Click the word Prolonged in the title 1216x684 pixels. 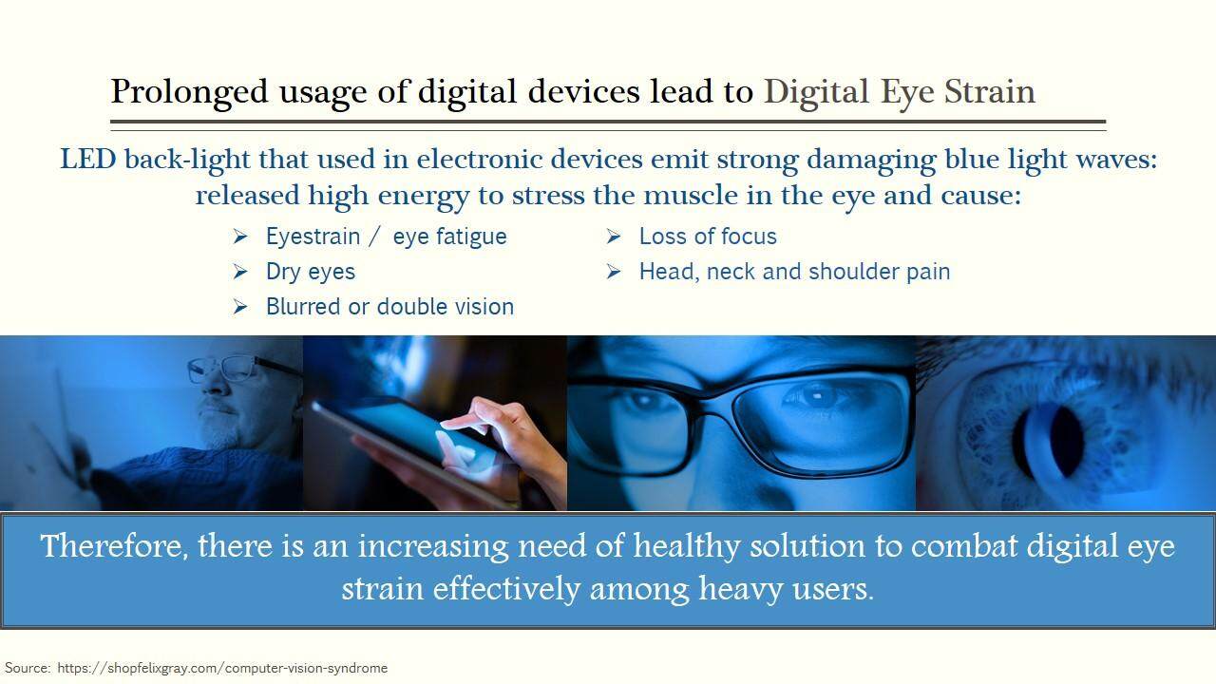(x=189, y=92)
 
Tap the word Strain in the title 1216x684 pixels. (x=990, y=91)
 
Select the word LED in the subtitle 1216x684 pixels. (x=88, y=159)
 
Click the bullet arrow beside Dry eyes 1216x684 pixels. (x=240, y=272)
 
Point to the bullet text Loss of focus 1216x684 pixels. (x=708, y=237)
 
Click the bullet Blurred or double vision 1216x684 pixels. (x=389, y=307)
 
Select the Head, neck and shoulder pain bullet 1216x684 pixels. (x=795, y=272)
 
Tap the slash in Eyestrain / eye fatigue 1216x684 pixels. (x=373, y=237)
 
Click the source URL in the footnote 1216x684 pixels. (x=222, y=668)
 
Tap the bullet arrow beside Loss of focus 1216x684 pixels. (x=614, y=237)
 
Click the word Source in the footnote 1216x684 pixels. (x=28, y=668)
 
